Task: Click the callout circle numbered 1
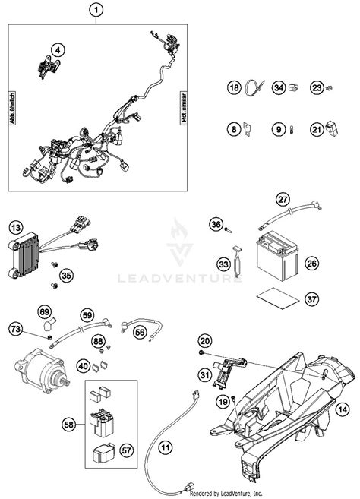pos(95,10)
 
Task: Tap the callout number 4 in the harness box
pos(56,50)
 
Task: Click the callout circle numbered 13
pos(16,226)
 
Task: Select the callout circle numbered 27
pos(283,200)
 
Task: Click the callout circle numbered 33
pos(223,264)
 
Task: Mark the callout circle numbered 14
pos(343,408)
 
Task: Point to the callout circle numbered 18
pos(234,89)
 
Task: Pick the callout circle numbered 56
pos(140,332)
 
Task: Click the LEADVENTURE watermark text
pos(179,277)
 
